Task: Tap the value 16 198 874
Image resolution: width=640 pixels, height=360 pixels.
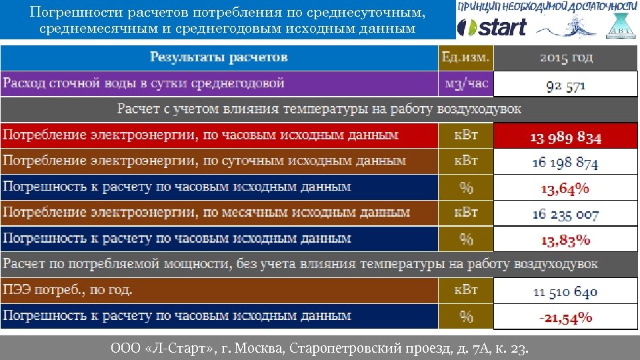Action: click(565, 163)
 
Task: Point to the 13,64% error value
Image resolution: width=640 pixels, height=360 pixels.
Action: click(565, 189)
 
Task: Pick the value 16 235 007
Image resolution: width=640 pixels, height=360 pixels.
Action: click(565, 214)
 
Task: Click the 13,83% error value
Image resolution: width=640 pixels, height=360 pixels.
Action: click(565, 240)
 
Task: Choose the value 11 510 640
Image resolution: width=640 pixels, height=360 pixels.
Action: click(565, 291)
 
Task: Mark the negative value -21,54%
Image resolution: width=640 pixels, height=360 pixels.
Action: click(565, 317)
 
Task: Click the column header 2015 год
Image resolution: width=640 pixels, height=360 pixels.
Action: click(565, 58)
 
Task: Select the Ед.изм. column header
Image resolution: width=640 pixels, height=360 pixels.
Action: click(465, 58)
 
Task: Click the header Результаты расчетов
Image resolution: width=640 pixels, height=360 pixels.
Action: click(219, 57)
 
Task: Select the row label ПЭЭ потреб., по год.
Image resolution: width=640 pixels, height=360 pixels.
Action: click(68, 291)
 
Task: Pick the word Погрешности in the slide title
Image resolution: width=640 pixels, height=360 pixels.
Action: click(71, 13)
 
